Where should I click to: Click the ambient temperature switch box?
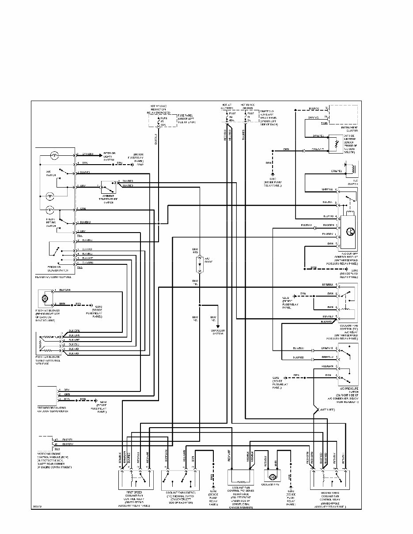(108, 188)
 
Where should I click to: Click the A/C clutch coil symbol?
(352, 168)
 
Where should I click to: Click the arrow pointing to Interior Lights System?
(100, 154)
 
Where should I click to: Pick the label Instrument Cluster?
(346, 129)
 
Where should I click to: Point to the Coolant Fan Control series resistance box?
(240, 478)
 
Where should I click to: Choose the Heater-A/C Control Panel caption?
(53, 277)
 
